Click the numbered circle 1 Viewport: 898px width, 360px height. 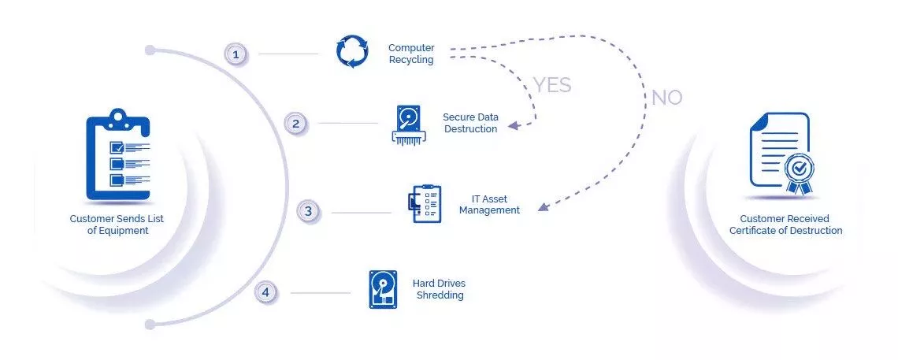(236, 55)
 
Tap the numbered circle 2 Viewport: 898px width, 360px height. (295, 124)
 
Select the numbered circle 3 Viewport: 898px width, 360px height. (308, 211)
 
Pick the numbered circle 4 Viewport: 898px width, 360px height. (265, 292)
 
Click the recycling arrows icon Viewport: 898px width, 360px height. (352, 51)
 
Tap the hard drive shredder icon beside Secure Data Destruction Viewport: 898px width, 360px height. (409, 124)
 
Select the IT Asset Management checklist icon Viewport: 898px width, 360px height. (425, 203)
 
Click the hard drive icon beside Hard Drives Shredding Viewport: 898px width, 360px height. (383, 290)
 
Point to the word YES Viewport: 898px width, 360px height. (553, 85)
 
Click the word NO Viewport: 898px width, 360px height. (667, 98)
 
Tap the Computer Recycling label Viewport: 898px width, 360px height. (411, 54)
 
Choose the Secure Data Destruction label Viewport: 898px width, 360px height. (471, 123)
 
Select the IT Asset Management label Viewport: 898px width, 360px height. (490, 205)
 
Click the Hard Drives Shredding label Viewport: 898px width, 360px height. (440, 289)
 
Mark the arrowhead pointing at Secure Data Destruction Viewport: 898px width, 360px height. (513, 125)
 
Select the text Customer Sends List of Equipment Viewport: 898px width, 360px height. (117, 225)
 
